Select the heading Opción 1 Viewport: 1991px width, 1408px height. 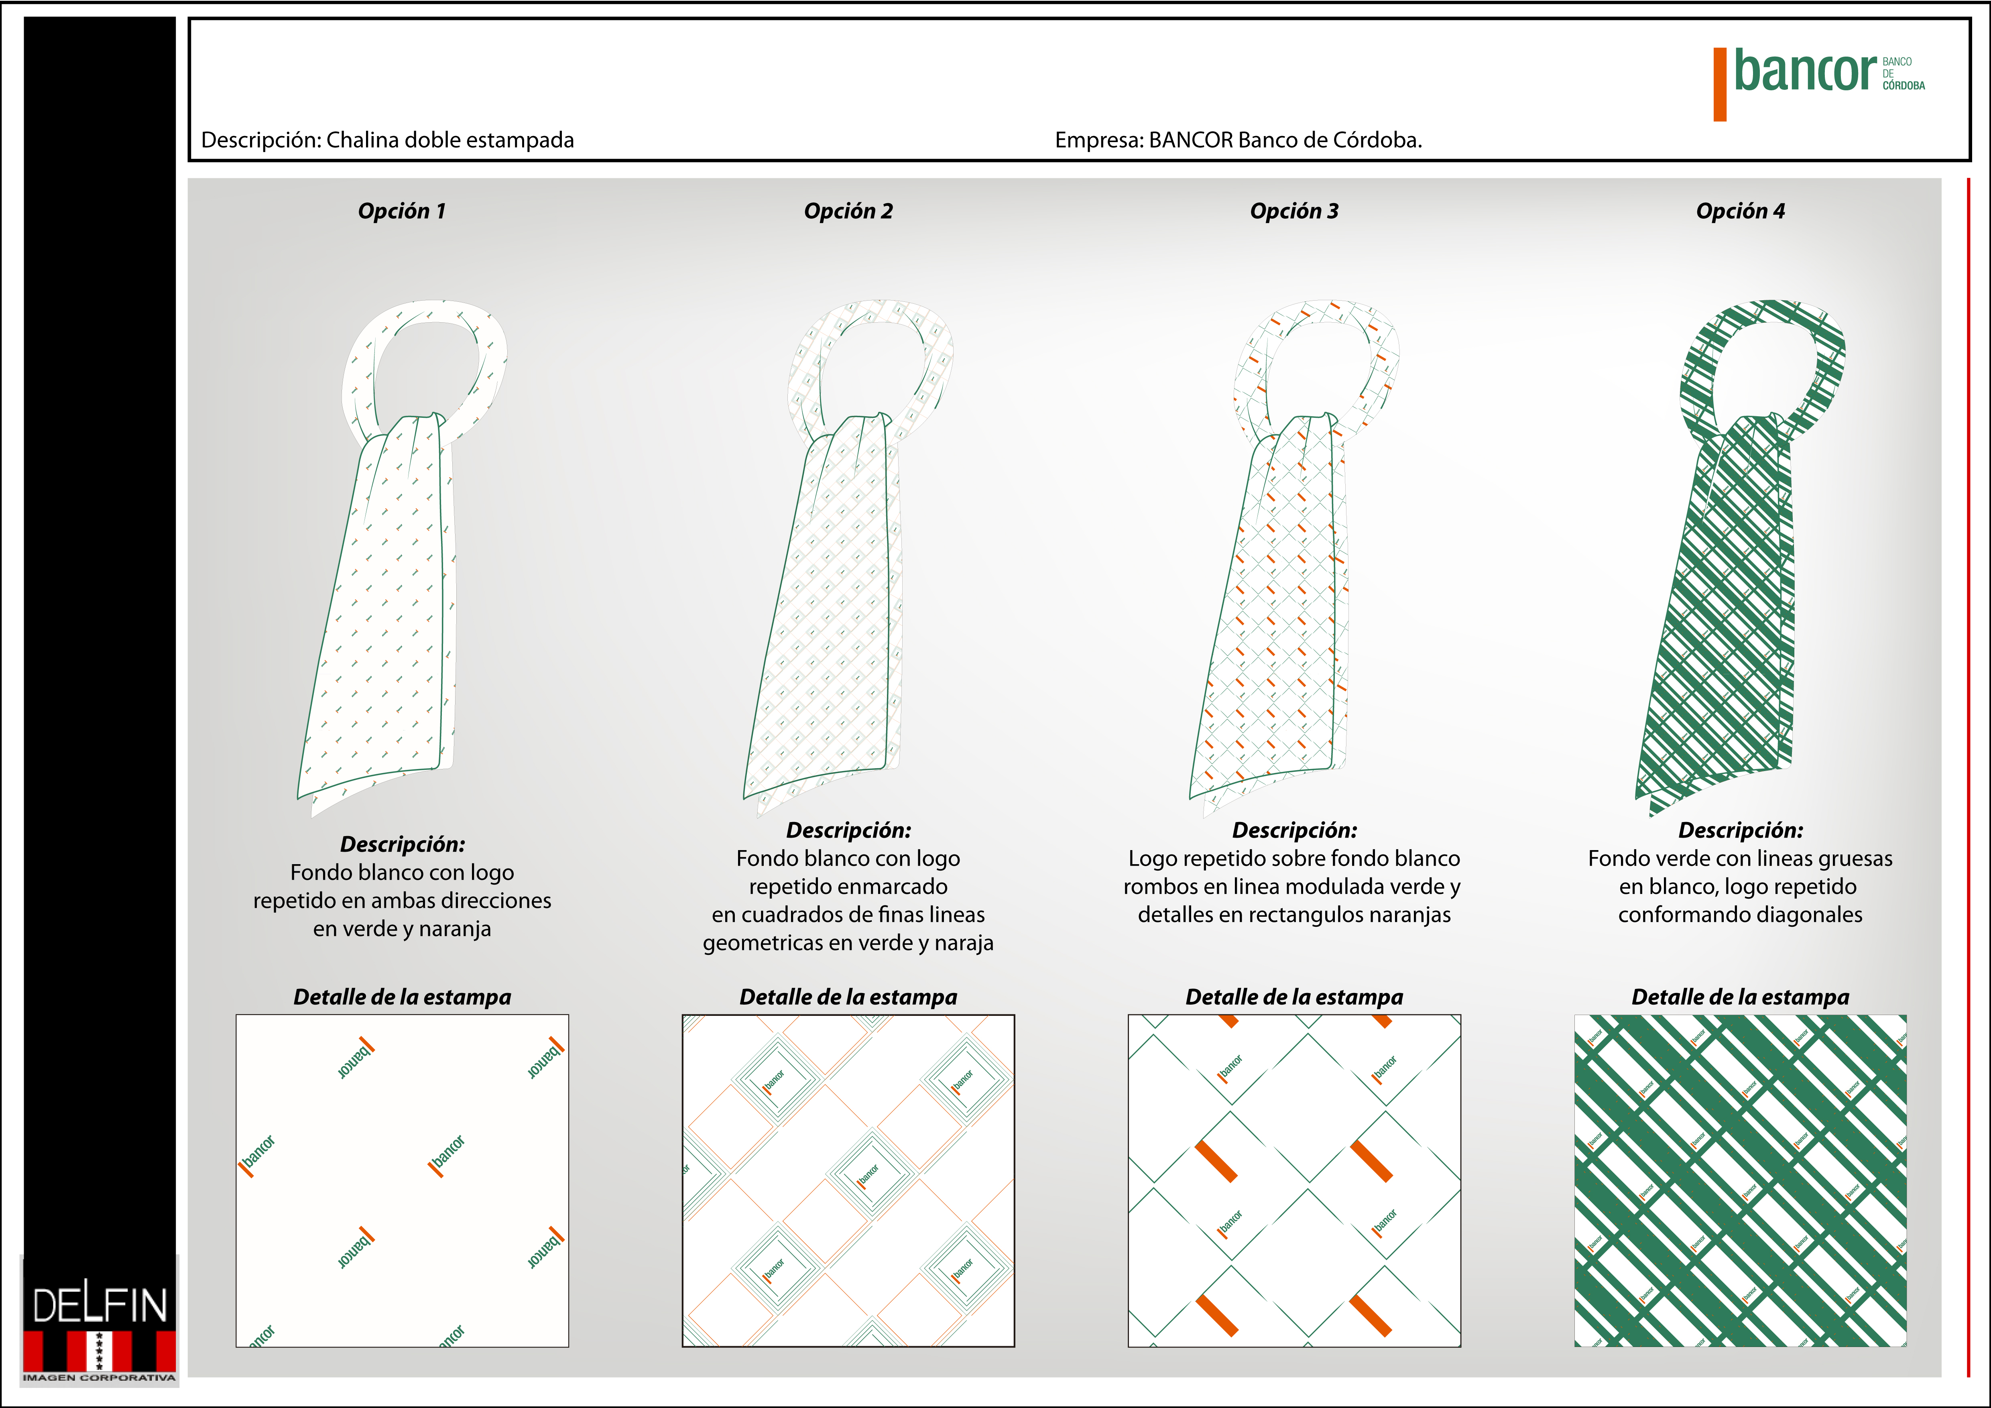click(401, 211)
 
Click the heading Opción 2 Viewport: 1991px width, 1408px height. click(848, 211)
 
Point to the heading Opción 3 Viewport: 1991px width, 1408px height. click(1294, 211)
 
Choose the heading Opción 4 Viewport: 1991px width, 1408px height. click(1741, 211)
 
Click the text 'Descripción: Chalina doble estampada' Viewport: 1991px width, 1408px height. click(388, 140)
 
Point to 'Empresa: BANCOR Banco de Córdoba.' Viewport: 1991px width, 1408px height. click(1239, 140)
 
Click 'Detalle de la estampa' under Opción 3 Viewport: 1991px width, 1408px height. click(1294, 997)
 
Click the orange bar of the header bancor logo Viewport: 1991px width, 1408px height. click(1720, 84)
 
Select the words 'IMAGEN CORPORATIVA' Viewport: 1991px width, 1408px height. click(99, 1377)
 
